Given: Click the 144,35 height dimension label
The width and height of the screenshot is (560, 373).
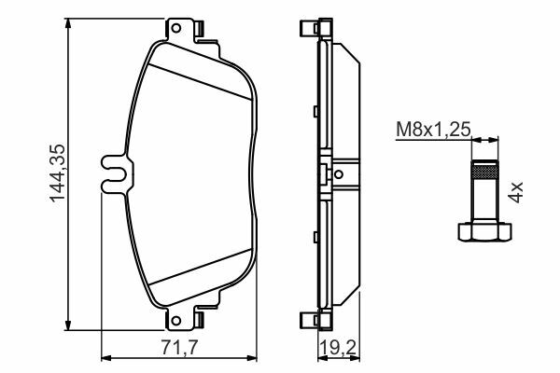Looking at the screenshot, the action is pyautogui.click(x=57, y=173).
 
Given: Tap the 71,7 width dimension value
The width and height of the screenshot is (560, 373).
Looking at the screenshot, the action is pyautogui.click(x=179, y=348).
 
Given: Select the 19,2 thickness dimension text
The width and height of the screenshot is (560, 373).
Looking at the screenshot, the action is pyautogui.click(x=338, y=348).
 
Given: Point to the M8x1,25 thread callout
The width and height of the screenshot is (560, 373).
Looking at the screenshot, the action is pyautogui.click(x=434, y=130).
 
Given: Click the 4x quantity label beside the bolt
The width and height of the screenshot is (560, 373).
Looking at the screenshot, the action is pyautogui.click(x=516, y=192).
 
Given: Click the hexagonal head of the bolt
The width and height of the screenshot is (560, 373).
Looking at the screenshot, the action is pyautogui.click(x=484, y=231).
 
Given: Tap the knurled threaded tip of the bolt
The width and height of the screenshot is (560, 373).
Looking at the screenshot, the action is pyautogui.click(x=484, y=170).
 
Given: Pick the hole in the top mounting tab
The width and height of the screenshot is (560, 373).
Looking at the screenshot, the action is pyautogui.click(x=175, y=28).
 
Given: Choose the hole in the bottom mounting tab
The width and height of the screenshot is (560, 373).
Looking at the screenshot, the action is pyautogui.click(x=175, y=320).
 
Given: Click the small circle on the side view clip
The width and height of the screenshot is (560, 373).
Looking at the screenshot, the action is pyautogui.click(x=339, y=174).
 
